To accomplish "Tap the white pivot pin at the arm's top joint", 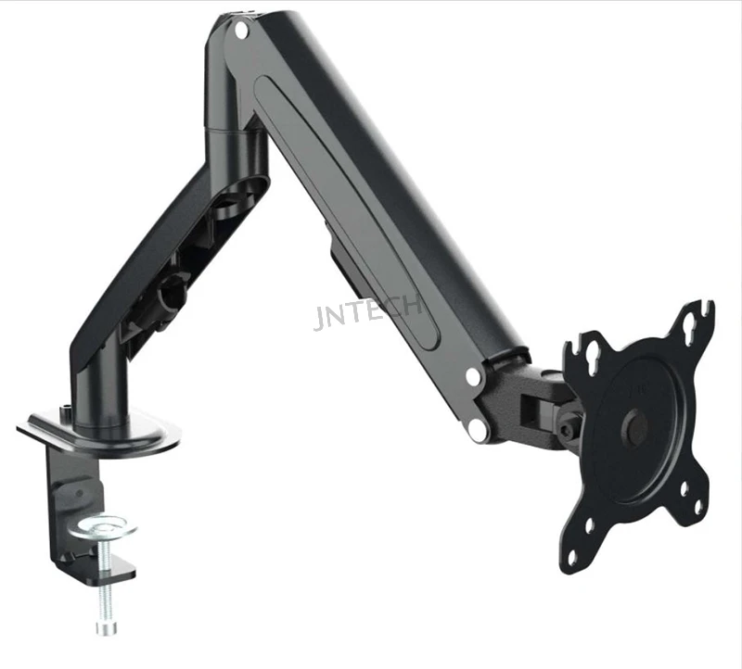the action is coord(241,31).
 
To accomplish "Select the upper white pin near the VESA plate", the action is coord(473,377).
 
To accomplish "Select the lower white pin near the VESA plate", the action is coord(478,429).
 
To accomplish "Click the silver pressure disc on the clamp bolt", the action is coord(103,526).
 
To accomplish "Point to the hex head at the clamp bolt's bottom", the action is coord(107,628).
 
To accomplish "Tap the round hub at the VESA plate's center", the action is coord(635,426).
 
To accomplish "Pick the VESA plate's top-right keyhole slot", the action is coord(687,330).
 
